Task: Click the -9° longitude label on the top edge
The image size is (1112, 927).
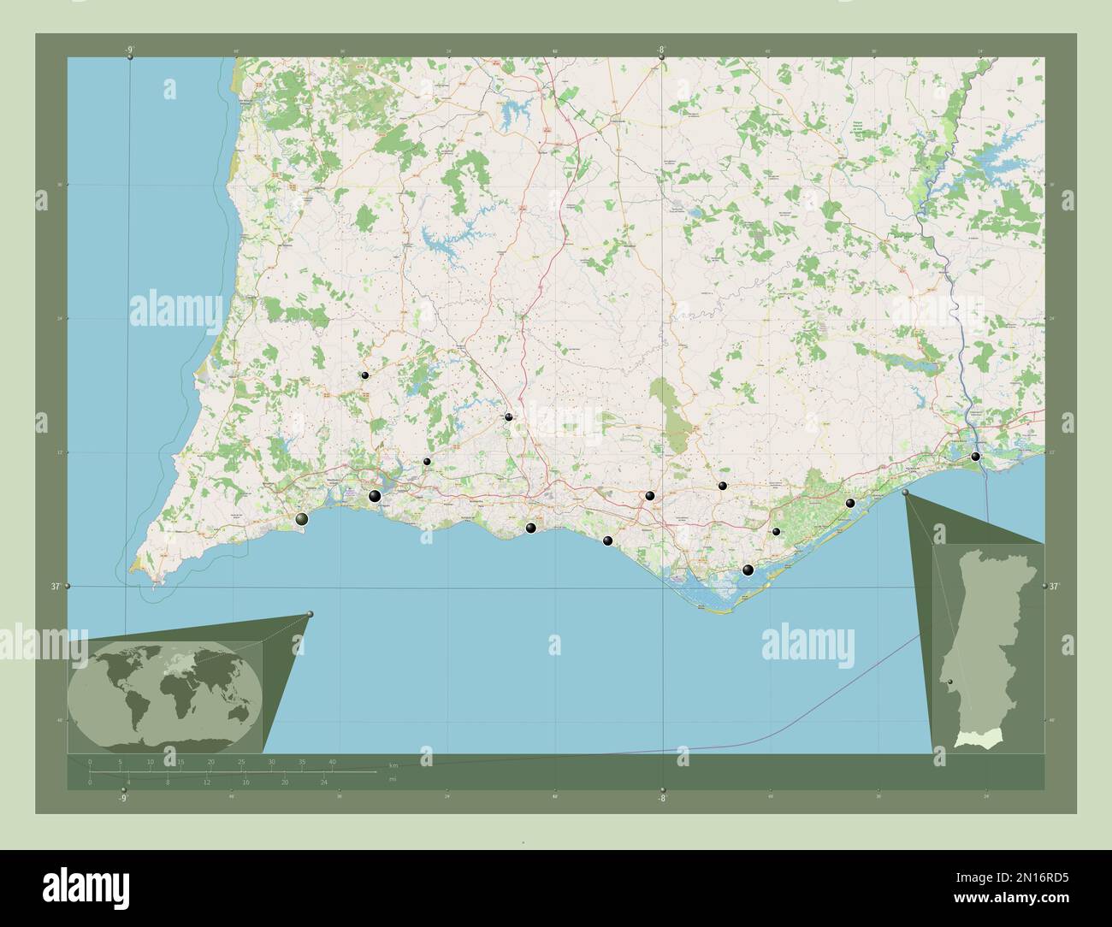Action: (130, 50)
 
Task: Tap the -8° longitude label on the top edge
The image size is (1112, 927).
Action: (660, 50)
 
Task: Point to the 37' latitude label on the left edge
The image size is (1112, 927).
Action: (55, 587)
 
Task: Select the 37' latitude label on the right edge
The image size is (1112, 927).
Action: (1054, 587)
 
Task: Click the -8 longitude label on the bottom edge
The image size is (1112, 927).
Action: (660, 799)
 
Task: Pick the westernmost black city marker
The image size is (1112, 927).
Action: (302, 519)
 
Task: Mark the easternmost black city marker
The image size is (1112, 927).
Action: (975, 457)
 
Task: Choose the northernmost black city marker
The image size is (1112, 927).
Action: (364, 375)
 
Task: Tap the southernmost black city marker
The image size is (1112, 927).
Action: (748, 570)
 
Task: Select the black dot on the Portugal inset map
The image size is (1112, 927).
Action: (951, 682)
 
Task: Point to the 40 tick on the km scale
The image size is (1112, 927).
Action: (332, 761)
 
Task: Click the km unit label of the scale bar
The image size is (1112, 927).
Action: (393, 765)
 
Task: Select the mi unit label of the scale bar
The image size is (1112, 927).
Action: (393, 779)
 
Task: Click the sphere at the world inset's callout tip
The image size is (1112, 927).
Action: (310, 614)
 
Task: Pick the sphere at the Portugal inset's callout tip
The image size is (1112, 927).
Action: (906, 493)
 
